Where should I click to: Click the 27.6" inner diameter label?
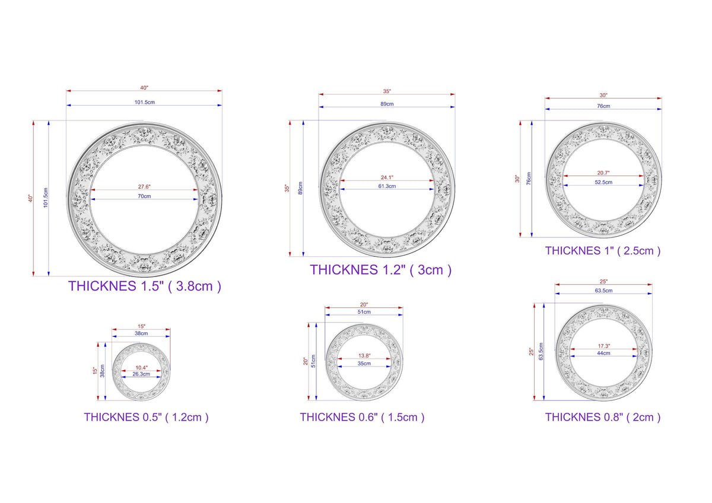click(144, 186)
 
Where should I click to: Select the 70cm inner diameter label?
click(144, 196)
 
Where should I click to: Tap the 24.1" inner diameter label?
click(387, 177)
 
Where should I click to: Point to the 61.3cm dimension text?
click(387, 186)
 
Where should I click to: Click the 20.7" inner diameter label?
click(603, 173)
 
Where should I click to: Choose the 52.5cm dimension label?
click(603, 182)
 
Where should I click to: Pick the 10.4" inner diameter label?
click(141, 368)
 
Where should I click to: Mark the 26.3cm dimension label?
click(141, 374)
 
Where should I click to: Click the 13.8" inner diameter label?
click(364, 355)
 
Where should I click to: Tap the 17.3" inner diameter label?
click(603, 346)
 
